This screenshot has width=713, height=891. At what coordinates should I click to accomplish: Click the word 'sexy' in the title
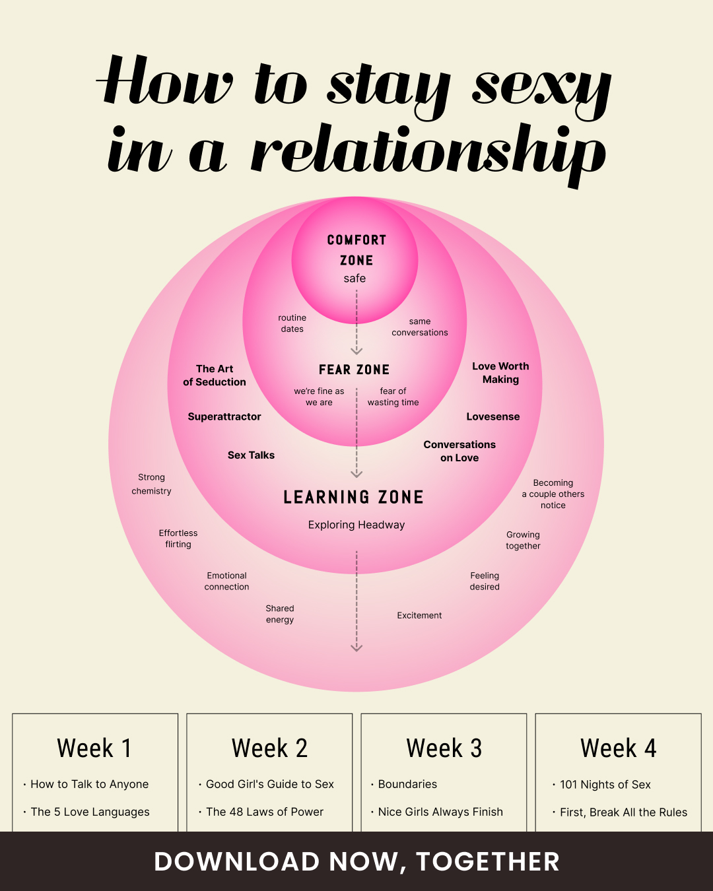click(541, 94)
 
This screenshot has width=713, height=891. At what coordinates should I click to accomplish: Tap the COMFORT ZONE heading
click(356, 250)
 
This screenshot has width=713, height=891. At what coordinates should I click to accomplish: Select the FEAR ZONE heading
click(355, 370)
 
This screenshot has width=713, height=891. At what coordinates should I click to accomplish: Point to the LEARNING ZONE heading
click(353, 497)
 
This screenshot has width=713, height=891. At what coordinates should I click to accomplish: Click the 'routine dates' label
click(292, 323)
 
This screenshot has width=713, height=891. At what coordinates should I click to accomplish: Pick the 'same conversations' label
click(420, 327)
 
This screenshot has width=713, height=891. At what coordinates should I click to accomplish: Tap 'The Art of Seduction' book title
click(215, 376)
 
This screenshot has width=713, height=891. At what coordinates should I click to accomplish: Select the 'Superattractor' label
click(224, 416)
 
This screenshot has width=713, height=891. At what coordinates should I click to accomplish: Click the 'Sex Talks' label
click(251, 455)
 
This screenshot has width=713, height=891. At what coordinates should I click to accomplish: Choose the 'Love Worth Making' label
click(500, 373)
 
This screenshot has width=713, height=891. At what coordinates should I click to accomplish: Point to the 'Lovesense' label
click(493, 416)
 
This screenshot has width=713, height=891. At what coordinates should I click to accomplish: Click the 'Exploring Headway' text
click(356, 525)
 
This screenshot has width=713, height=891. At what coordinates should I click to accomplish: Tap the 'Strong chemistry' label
click(151, 484)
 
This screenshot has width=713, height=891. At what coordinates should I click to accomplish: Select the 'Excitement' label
click(419, 615)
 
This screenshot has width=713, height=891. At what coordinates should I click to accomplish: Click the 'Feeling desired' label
click(485, 581)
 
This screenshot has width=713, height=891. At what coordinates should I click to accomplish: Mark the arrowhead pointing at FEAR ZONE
click(356, 351)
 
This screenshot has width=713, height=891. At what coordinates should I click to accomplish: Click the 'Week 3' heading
click(444, 748)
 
